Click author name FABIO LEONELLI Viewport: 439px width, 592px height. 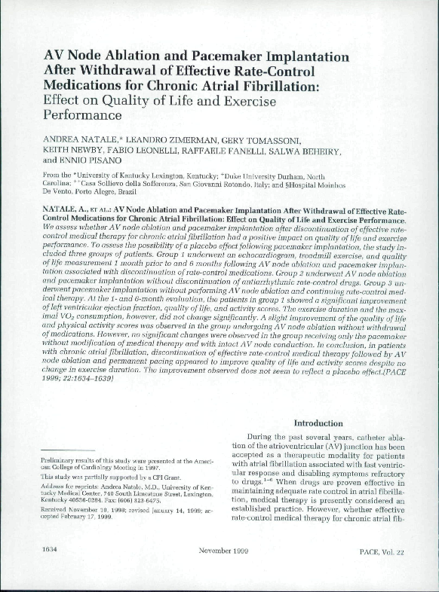click(x=145, y=151)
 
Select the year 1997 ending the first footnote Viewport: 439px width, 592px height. click(x=149, y=466)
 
